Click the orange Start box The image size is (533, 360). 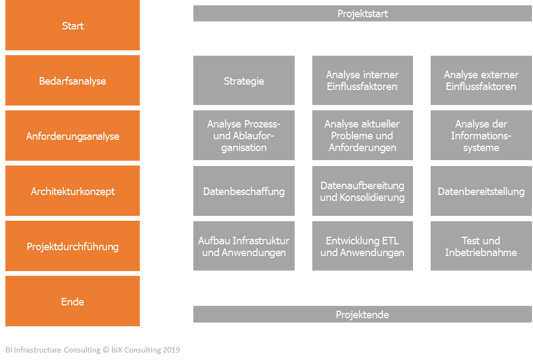tap(72, 25)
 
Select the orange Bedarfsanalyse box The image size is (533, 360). tap(72, 80)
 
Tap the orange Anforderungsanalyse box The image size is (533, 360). tap(72, 136)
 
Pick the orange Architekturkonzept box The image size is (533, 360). tap(72, 191)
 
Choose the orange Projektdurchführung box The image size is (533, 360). tap(72, 246)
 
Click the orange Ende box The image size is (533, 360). tap(72, 301)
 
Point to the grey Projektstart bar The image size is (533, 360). tap(362, 13)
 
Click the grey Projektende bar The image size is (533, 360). tap(362, 314)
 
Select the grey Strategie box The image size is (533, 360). tap(244, 80)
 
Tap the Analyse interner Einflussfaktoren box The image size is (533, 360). tap(362, 80)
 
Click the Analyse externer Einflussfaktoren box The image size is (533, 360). tap(481, 80)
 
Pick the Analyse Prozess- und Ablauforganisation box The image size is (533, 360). tap(244, 136)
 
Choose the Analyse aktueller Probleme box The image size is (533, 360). tap(362, 136)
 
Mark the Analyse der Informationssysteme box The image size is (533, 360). tap(481, 136)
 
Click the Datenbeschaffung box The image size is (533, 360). tap(244, 191)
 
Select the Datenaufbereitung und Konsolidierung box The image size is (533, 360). tap(362, 191)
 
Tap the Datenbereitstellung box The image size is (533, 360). tap(481, 191)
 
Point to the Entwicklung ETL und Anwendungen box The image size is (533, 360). tap(362, 246)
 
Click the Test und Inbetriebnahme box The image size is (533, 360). tap(481, 246)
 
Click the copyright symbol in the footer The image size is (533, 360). tap(106, 350)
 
